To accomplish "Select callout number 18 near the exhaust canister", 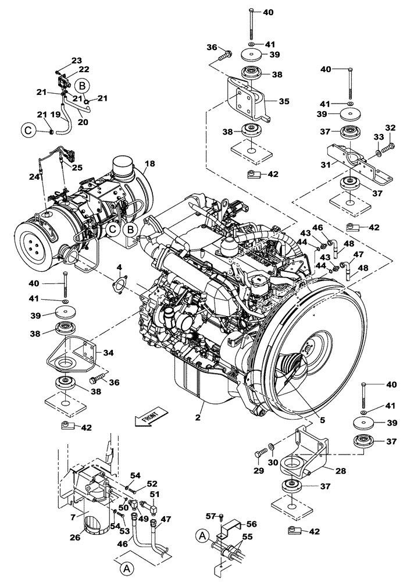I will pyautogui.click(x=149, y=165).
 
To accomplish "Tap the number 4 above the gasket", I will pyautogui.click(x=119, y=268).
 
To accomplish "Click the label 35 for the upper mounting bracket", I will pyautogui.click(x=283, y=101).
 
